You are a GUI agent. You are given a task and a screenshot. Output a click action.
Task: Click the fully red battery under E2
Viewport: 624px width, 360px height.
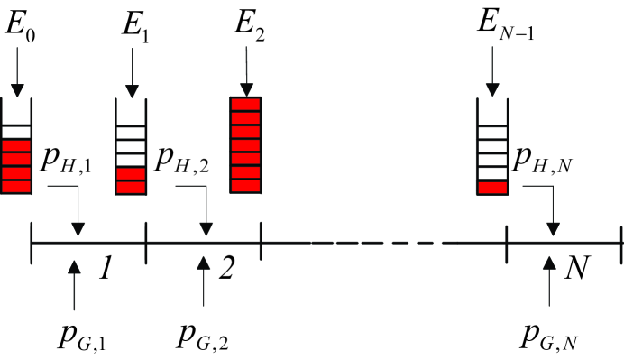point(246,145)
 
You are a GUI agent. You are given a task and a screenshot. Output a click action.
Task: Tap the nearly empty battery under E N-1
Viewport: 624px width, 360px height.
point(491,147)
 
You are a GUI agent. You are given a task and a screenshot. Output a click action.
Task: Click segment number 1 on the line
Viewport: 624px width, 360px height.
point(106,268)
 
